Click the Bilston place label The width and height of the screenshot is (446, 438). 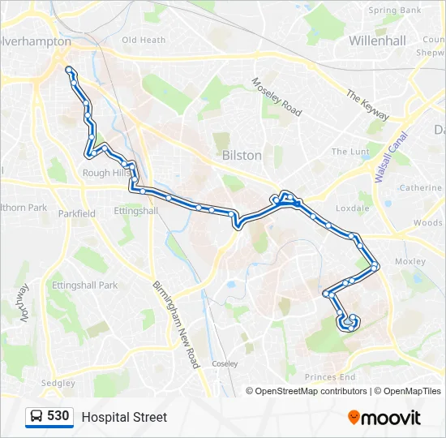242,155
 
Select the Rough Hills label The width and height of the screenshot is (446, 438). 106,173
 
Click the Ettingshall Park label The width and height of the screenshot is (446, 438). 84,286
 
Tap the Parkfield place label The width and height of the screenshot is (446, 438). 76,213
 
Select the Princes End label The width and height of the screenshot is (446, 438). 330,377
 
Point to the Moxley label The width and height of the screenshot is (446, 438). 410,261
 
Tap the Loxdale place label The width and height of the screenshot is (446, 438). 352,208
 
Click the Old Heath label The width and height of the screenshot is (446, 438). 144,40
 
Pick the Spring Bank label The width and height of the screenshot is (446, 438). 394,11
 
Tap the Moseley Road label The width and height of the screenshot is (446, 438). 276,97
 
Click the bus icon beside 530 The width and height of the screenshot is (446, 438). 36,417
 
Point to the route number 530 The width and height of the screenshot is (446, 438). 58,416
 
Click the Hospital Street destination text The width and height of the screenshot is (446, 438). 124,417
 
